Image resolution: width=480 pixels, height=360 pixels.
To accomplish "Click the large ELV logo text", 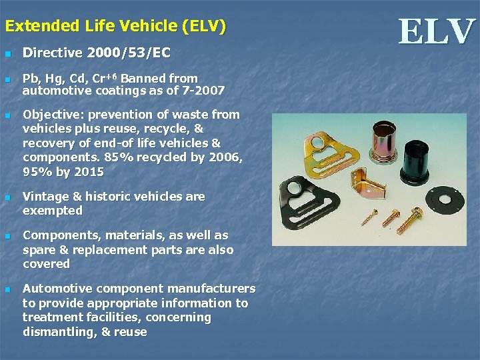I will (x=437, y=32).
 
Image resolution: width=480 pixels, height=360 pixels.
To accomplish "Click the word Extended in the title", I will (x=42, y=27).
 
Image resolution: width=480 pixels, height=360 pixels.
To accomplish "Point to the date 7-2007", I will (x=203, y=90).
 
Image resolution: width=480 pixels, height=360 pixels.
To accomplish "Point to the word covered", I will (x=46, y=263).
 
